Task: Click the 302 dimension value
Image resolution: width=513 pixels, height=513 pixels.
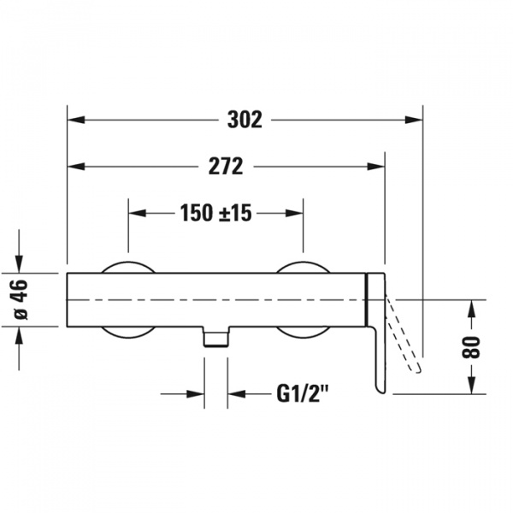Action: (x=245, y=120)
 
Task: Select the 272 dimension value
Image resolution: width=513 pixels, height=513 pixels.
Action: (x=226, y=167)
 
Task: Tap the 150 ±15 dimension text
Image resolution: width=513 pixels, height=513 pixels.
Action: (x=216, y=213)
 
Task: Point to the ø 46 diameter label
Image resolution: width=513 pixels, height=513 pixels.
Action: (x=20, y=299)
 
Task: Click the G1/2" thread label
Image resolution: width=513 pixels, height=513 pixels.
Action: (x=303, y=393)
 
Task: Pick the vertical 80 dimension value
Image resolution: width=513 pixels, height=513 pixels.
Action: (x=471, y=347)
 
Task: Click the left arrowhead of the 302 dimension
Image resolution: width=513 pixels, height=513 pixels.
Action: (x=76, y=120)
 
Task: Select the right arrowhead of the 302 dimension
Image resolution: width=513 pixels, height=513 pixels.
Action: (x=414, y=120)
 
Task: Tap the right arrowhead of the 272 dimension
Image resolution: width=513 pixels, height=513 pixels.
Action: (x=375, y=167)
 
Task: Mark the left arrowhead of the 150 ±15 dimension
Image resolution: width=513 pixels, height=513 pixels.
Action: (x=137, y=213)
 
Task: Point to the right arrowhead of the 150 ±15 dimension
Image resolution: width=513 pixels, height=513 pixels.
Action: (x=294, y=213)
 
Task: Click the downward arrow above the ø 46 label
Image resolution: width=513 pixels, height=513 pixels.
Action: (x=19, y=263)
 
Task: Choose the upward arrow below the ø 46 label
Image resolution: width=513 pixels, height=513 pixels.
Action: (x=19, y=336)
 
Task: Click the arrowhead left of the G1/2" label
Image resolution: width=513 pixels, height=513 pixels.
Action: (x=196, y=393)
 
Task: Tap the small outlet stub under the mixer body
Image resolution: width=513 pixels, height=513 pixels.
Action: (x=216, y=336)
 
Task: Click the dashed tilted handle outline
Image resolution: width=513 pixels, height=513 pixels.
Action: (x=404, y=333)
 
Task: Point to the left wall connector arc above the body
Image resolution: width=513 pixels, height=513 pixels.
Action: (x=128, y=267)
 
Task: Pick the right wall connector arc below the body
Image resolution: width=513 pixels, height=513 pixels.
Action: (x=303, y=333)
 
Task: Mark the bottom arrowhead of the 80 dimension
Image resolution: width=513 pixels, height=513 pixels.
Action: (x=471, y=385)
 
